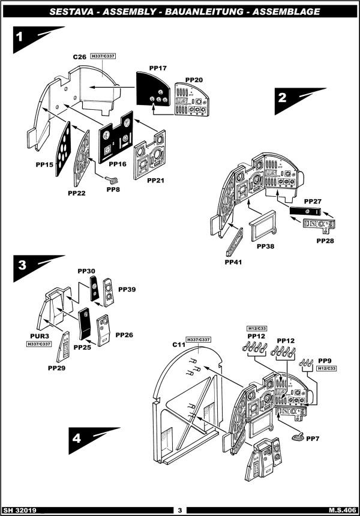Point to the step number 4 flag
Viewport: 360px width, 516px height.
tap(77, 439)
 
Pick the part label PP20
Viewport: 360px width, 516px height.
tap(194, 80)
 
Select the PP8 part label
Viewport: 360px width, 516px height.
tap(113, 190)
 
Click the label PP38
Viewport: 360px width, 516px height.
tap(265, 247)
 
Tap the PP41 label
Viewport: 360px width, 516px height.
tap(234, 262)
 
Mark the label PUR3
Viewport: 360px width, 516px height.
tap(40, 337)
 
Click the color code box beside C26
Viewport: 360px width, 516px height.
tap(103, 56)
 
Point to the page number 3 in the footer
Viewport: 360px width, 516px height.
tap(179, 510)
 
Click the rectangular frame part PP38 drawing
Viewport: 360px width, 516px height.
tap(263, 226)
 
